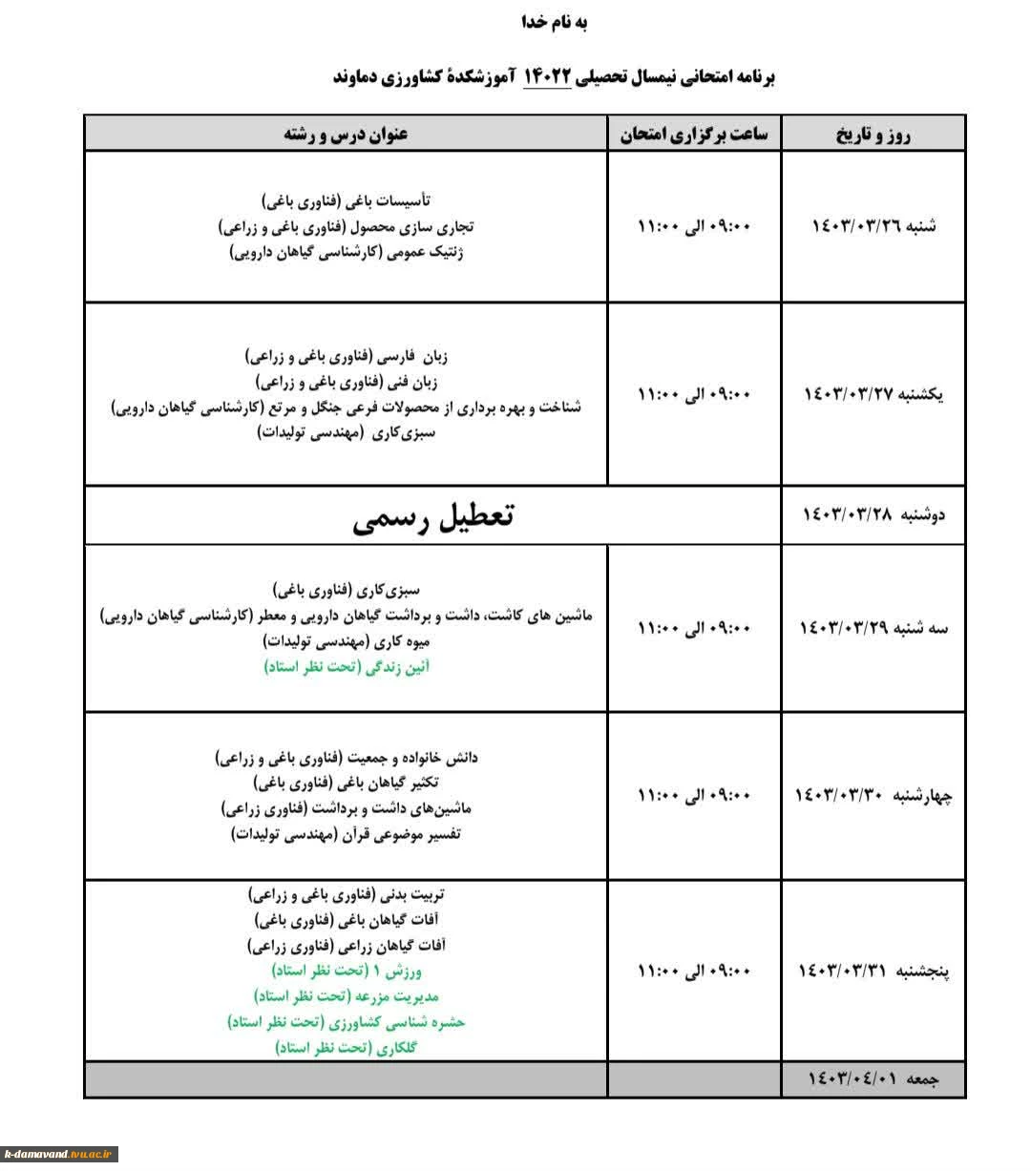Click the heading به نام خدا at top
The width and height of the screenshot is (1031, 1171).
[554, 23]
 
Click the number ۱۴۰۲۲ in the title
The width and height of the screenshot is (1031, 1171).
[547, 76]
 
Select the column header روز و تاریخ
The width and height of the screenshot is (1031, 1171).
[873, 135]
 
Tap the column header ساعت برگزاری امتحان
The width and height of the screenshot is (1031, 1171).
[694, 135]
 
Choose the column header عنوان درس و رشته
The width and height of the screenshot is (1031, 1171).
[346, 135]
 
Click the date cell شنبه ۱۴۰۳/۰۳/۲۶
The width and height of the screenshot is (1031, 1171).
[873, 226]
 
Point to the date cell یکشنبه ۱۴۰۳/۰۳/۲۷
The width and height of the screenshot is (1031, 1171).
[873, 394]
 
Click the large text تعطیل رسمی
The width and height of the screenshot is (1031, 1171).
[432, 516]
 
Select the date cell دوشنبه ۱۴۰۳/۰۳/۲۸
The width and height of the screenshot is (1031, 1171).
[873, 515]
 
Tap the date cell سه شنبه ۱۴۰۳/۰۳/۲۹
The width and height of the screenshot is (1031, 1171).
[873, 628]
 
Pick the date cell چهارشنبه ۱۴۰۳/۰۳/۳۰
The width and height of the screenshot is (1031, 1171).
[873, 795]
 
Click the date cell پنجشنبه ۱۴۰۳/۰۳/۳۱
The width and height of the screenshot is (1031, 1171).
[873, 972]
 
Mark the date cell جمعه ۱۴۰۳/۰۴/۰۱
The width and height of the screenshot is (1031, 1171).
[873, 1079]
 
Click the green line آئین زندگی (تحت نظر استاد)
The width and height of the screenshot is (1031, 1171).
[347, 667]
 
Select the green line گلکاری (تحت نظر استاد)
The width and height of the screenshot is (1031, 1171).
[347, 1047]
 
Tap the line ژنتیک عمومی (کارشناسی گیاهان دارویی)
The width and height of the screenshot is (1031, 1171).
[347, 253]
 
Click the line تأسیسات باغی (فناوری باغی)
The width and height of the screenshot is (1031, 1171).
[347, 201]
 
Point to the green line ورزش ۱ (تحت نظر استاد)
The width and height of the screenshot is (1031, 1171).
[347, 971]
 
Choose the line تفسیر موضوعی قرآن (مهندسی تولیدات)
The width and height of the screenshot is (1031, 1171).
[347, 834]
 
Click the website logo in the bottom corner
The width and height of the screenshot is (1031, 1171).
[59, 1154]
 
